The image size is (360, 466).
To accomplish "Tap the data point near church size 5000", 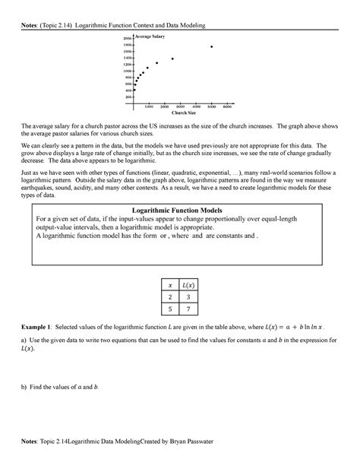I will pyautogui.click(x=211, y=46).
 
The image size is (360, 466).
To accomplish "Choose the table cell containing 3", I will pyautogui.click(x=188, y=296).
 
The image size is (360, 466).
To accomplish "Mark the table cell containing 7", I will pyautogui.click(x=188, y=309).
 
